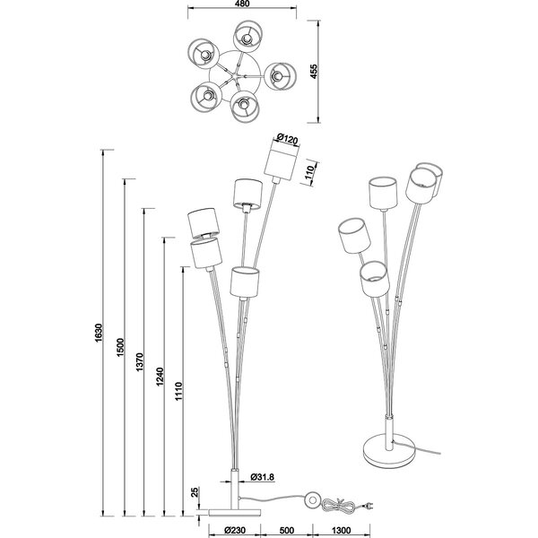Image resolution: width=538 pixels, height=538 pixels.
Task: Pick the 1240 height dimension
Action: pos(158,378)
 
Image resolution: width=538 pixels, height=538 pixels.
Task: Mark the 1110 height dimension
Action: pos(178,392)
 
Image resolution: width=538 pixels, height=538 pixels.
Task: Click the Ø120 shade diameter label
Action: pos(287,138)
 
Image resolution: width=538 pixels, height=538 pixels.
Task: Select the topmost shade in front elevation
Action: pos(282,163)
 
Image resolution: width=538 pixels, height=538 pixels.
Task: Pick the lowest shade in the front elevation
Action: pos(244,282)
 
